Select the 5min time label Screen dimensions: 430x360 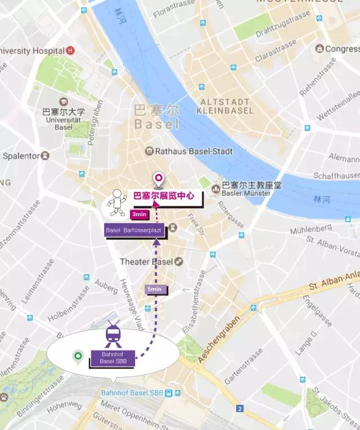tap(154, 289)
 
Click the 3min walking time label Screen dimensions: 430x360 tap(138, 214)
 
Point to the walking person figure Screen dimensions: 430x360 tap(117, 203)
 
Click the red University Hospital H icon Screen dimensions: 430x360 tap(70, 51)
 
